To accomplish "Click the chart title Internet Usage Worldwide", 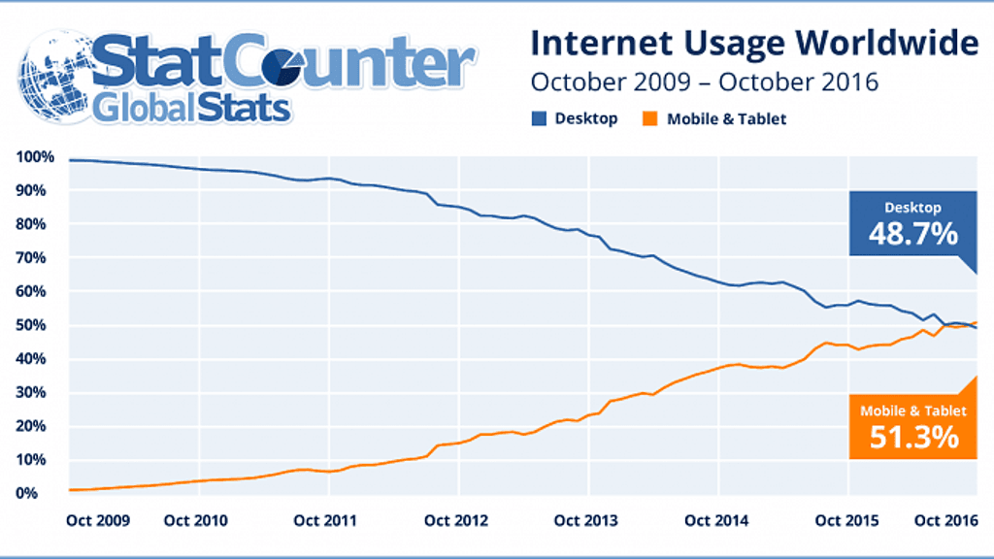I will pos(753,43).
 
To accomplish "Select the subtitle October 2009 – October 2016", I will pos(704,82).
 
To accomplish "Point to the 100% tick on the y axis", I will pos(36,157).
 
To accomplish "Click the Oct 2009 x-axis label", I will pos(98,520).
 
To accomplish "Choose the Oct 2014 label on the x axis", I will pos(715,520).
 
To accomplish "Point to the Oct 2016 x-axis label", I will pos(946,520).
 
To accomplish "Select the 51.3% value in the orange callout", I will pos(913,437).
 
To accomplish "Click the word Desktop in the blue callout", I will pos(912,207).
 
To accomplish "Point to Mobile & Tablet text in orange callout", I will pos(913,411).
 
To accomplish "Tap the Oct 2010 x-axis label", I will pos(195,520).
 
